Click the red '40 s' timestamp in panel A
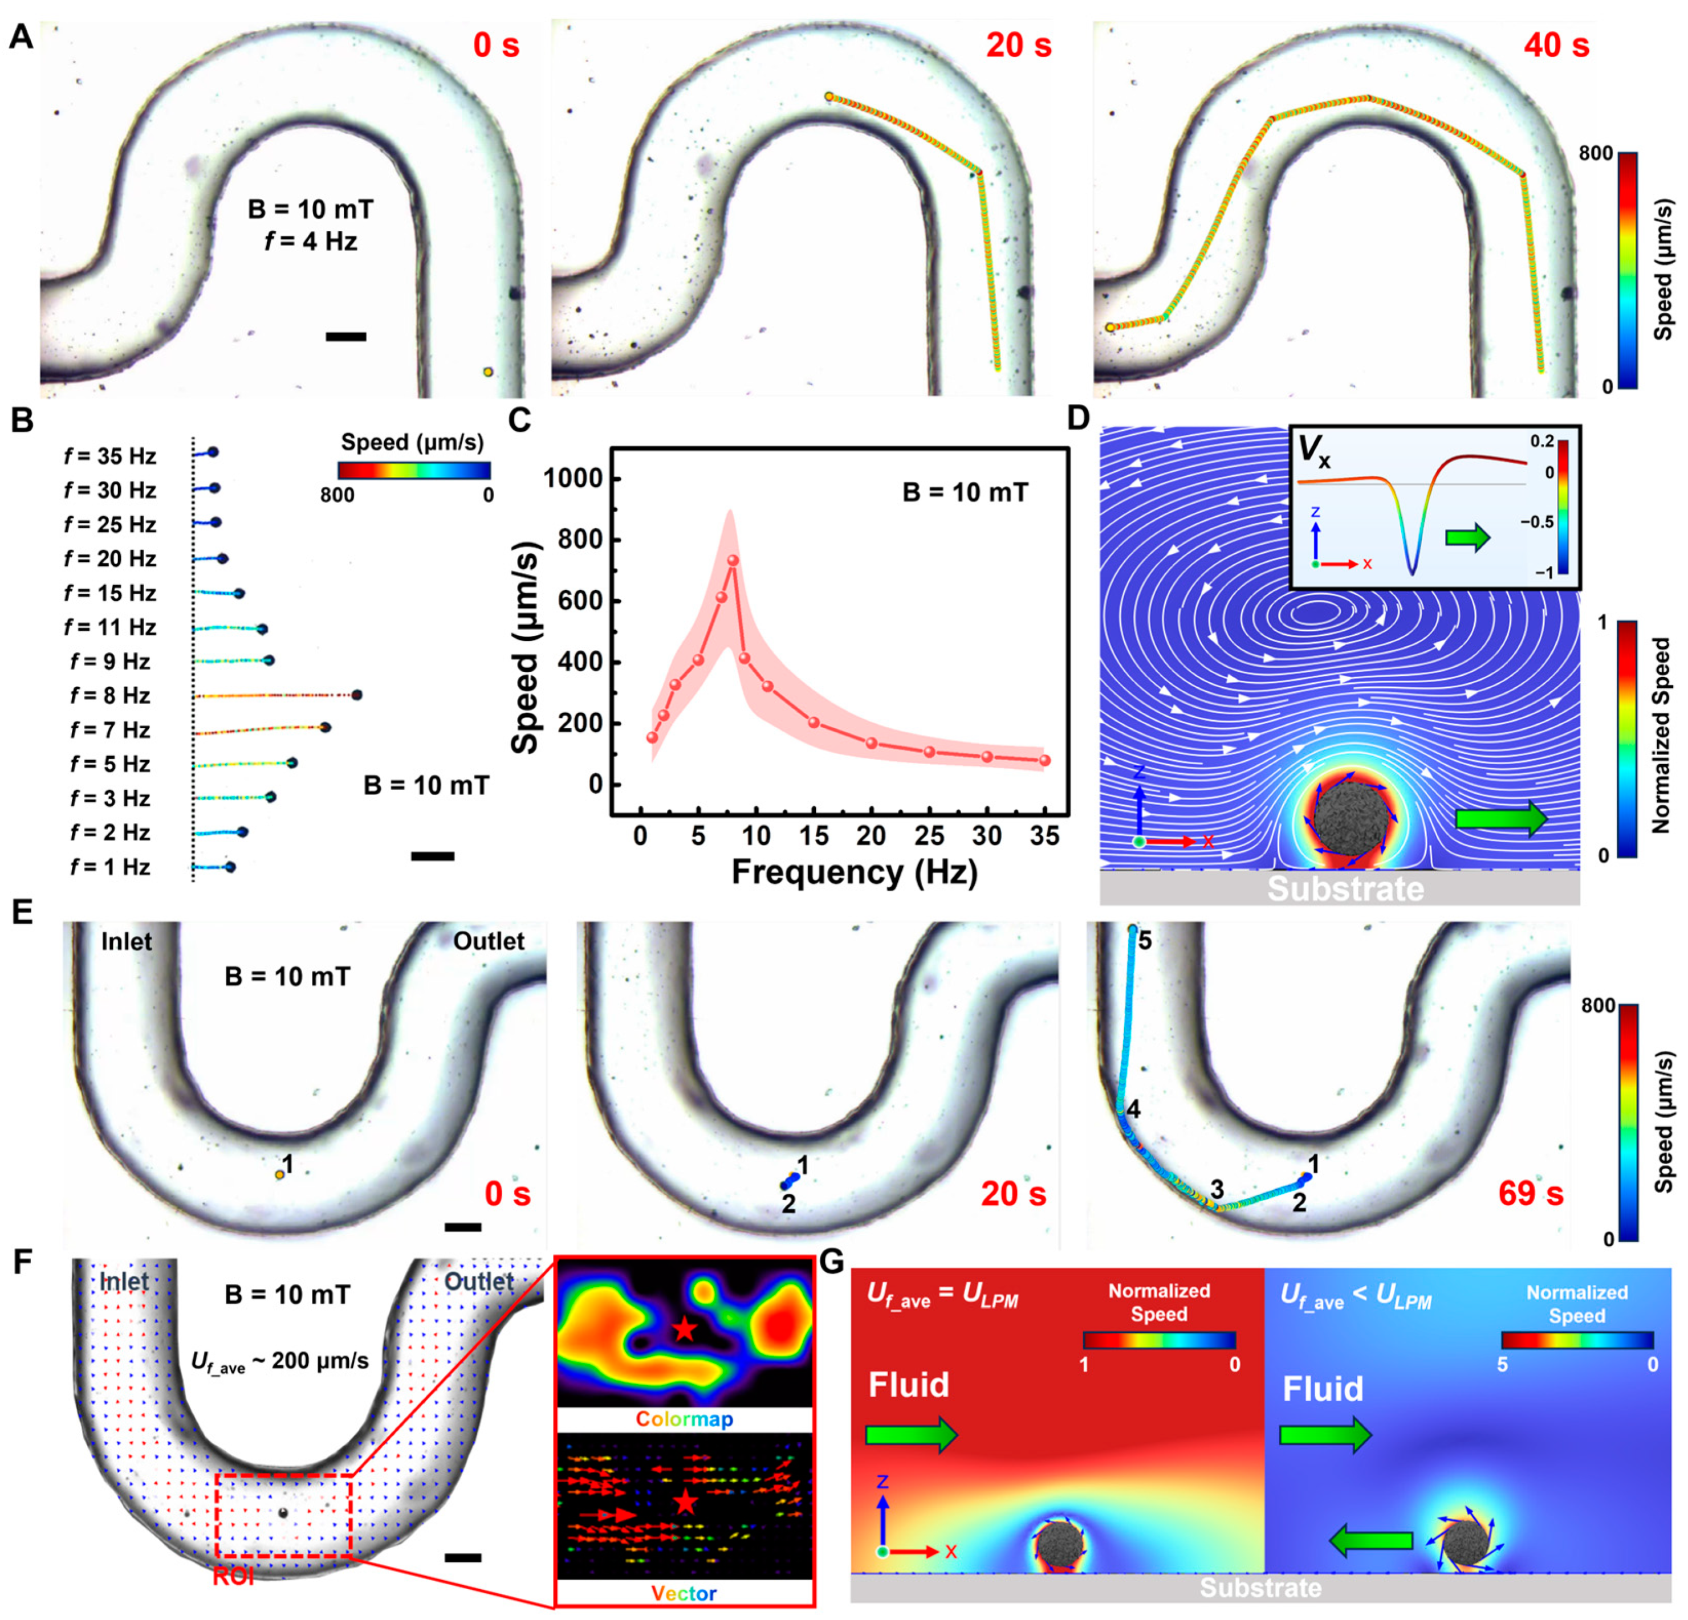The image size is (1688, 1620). pyautogui.click(x=1555, y=45)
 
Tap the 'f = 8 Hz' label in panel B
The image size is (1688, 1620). pyautogui.click(x=109, y=696)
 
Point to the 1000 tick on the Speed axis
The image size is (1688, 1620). pyautogui.click(x=573, y=479)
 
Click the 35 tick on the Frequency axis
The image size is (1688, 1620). pyautogui.click(x=1044, y=836)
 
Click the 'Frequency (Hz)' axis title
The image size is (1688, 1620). pyautogui.click(x=855, y=872)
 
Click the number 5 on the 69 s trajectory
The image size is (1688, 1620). pyautogui.click(x=1145, y=940)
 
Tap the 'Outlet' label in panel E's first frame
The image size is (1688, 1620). pyautogui.click(x=489, y=941)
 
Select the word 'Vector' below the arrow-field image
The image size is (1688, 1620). pyautogui.click(x=684, y=1593)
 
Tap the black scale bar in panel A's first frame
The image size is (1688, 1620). pyautogui.click(x=345, y=337)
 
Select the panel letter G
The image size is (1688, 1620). pyautogui.click(x=832, y=1262)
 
